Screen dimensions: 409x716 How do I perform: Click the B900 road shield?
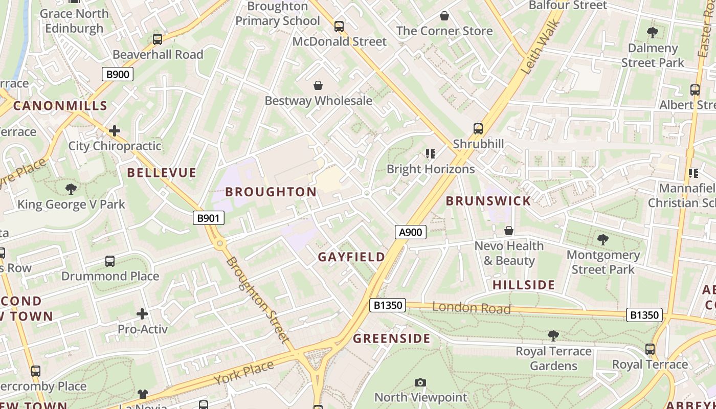coord(117,75)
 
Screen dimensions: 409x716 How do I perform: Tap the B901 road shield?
coord(209,218)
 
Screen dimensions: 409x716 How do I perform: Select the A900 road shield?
coord(411,233)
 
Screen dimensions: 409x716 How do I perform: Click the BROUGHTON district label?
coord(271,192)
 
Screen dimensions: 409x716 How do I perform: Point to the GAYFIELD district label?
coord(352,257)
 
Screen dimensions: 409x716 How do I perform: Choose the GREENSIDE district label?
coord(392,338)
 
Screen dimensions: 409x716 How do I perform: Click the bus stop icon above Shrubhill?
coord(478,129)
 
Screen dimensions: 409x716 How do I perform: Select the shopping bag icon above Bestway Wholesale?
coord(318,85)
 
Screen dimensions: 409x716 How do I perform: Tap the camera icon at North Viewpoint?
coord(420,382)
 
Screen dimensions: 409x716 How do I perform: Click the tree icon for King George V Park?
coord(71,189)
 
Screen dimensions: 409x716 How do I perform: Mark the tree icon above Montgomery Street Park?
coord(603,239)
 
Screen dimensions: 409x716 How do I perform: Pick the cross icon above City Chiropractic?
coord(115,131)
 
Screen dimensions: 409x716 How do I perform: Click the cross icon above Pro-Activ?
coord(142,314)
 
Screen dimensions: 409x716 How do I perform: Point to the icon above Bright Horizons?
coord(430,154)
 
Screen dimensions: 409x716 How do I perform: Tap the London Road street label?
coord(471,308)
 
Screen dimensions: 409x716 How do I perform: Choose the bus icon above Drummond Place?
coord(110,261)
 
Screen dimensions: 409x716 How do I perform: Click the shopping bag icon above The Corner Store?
coord(444,16)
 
